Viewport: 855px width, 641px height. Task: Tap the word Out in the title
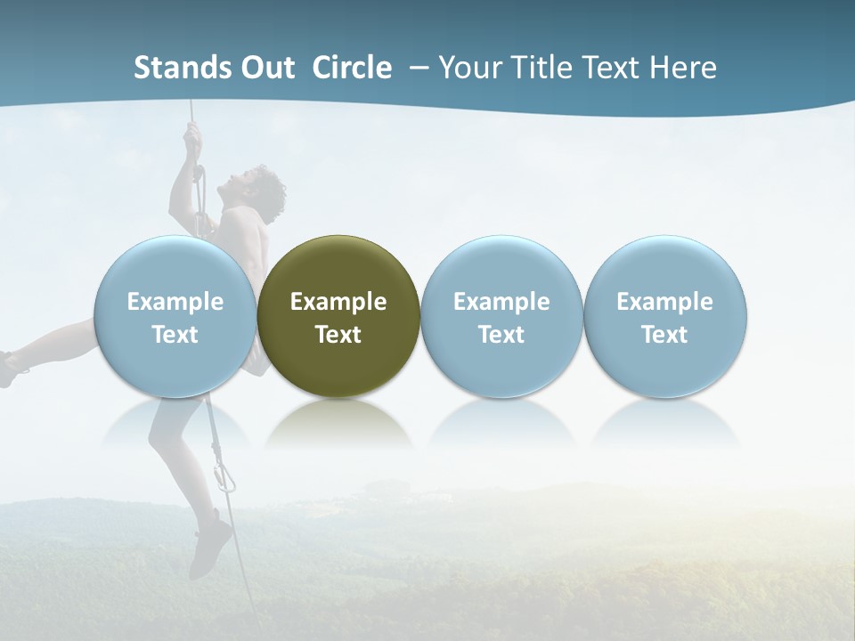click(265, 68)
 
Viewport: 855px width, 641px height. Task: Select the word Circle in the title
click(352, 68)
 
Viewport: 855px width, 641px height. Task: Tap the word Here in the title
click(684, 68)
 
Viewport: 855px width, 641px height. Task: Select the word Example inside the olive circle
click(338, 302)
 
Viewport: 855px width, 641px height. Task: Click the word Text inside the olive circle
click(338, 335)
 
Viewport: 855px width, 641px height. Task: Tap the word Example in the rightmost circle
click(665, 302)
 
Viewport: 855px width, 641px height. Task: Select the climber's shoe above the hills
click(212, 541)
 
